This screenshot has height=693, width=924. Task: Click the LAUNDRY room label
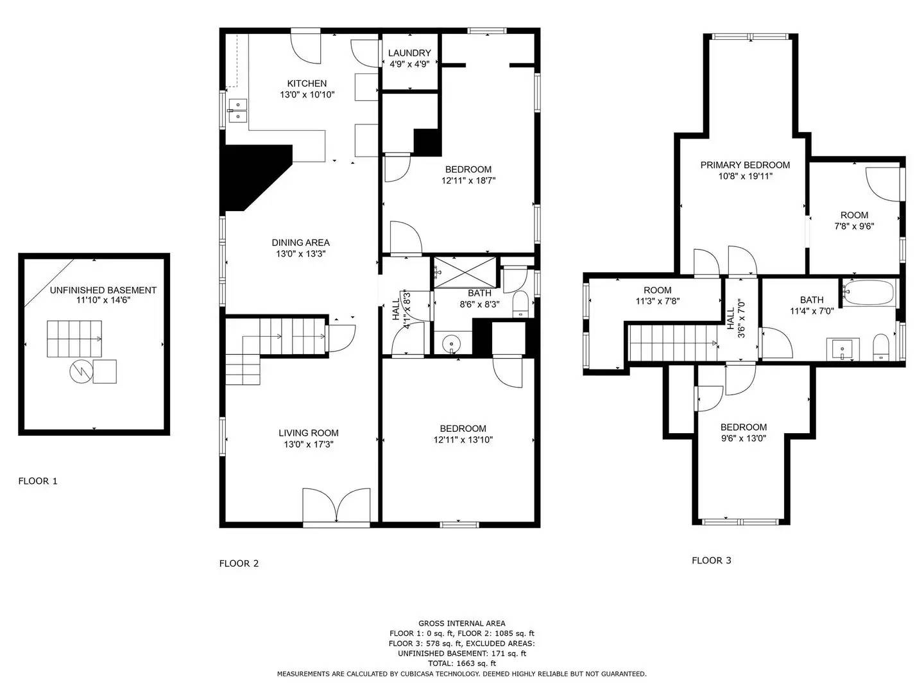pos(409,53)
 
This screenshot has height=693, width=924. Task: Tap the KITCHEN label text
pos(307,83)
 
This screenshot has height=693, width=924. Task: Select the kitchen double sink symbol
pos(238,110)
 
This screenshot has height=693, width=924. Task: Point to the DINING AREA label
pos(300,243)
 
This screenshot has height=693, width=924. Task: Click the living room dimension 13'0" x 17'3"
pos(309,444)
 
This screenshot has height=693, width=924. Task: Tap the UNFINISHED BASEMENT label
pos(103,290)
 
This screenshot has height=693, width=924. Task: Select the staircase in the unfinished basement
pos(73,339)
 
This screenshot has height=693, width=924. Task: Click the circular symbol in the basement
pos(81,371)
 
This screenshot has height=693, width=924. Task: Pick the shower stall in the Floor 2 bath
pos(465,271)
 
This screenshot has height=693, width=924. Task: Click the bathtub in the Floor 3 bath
pos(868,293)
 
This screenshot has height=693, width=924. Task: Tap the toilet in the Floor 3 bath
pos(881,347)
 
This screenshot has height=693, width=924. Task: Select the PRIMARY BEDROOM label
pos(745,165)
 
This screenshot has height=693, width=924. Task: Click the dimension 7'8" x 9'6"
pos(854,226)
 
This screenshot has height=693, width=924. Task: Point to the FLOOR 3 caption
pos(711,560)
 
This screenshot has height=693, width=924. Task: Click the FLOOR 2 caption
pos(239,563)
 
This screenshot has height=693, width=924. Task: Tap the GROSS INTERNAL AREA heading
pos(461,623)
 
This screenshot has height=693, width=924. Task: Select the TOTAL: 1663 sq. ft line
pos(461,663)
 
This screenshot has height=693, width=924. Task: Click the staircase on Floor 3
pos(672,343)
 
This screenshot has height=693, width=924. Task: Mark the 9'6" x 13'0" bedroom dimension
pos(743,438)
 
